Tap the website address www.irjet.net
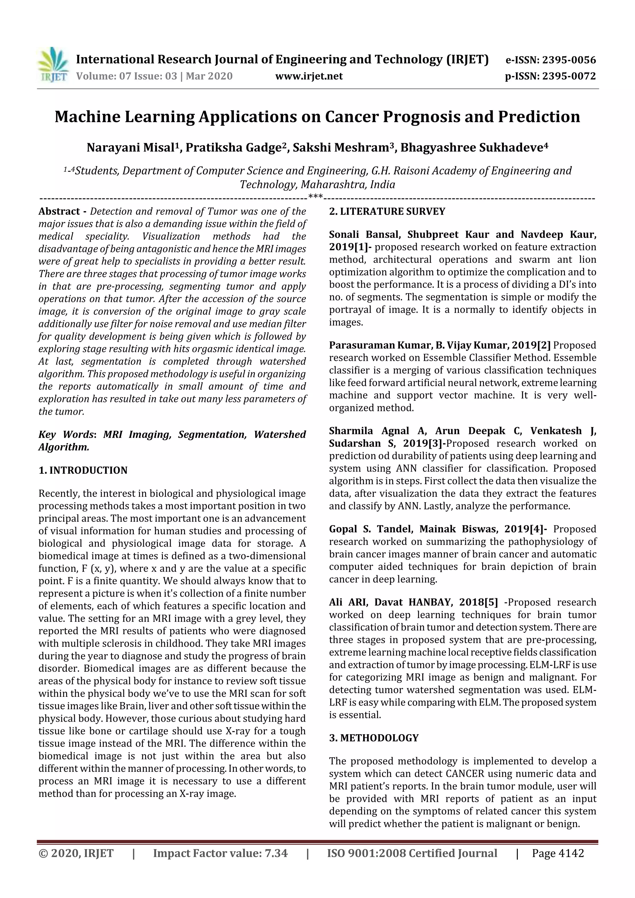[309, 76]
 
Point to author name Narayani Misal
[130, 148]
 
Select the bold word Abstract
[59, 212]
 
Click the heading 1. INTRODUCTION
[83, 470]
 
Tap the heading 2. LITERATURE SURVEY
[387, 212]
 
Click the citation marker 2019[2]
[531, 345]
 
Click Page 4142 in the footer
[557, 853]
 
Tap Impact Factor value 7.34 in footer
[220, 853]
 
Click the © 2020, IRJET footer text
[76, 853]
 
